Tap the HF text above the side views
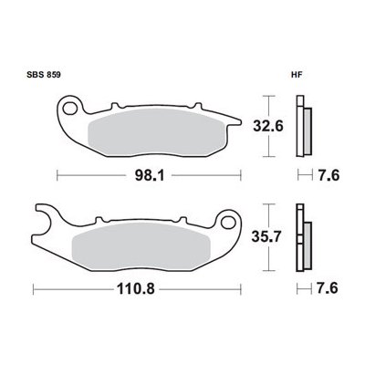click(297, 77)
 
